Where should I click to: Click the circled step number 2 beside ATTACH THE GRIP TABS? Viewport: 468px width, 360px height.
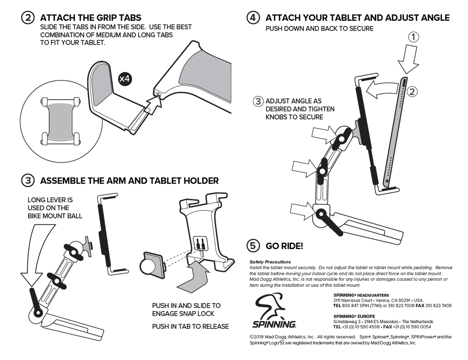(x=28, y=18)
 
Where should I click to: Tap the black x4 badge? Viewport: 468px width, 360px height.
(x=125, y=79)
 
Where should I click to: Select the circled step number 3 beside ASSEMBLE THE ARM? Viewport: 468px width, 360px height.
(x=28, y=181)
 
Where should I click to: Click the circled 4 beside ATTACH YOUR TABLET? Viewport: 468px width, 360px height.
(x=253, y=18)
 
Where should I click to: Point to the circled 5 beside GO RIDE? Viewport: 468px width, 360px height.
(x=253, y=246)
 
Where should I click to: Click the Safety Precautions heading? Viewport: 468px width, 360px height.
(x=270, y=262)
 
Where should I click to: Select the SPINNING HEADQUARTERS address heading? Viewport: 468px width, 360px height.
(x=361, y=295)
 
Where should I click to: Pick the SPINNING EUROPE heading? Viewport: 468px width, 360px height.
(x=354, y=316)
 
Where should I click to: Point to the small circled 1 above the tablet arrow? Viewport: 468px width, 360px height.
(x=414, y=37)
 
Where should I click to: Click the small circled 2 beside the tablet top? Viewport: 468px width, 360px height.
(x=412, y=92)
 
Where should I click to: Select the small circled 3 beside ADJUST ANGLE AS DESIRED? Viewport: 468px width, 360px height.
(x=258, y=101)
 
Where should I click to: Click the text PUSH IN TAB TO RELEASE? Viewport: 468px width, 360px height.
(x=190, y=326)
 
